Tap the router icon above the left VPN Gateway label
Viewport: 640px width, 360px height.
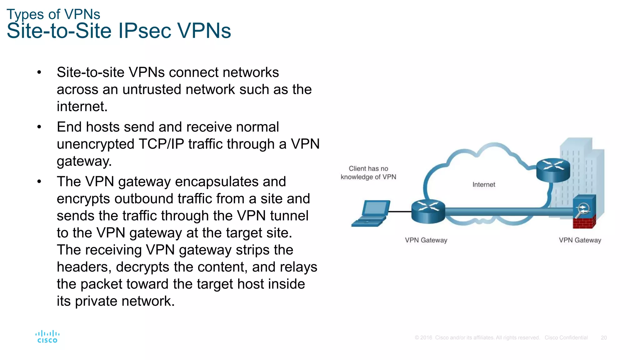tap(428, 211)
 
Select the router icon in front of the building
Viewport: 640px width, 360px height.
tap(553, 170)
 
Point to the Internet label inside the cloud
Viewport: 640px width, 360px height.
tap(484, 185)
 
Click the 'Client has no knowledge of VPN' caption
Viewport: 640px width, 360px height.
tap(368, 173)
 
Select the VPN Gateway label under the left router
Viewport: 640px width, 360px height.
tap(426, 240)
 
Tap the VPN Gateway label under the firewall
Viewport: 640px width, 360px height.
tap(580, 240)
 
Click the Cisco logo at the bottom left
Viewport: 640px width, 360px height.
tap(47, 337)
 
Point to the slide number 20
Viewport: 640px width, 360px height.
tap(604, 338)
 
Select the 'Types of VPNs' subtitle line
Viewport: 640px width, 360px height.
tap(53, 14)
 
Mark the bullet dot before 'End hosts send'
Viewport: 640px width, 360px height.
tap(39, 127)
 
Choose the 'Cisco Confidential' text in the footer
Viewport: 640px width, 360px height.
tap(566, 338)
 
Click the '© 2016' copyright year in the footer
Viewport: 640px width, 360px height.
tap(423, 338)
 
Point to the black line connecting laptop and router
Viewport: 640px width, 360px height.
tap(400, 212)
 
